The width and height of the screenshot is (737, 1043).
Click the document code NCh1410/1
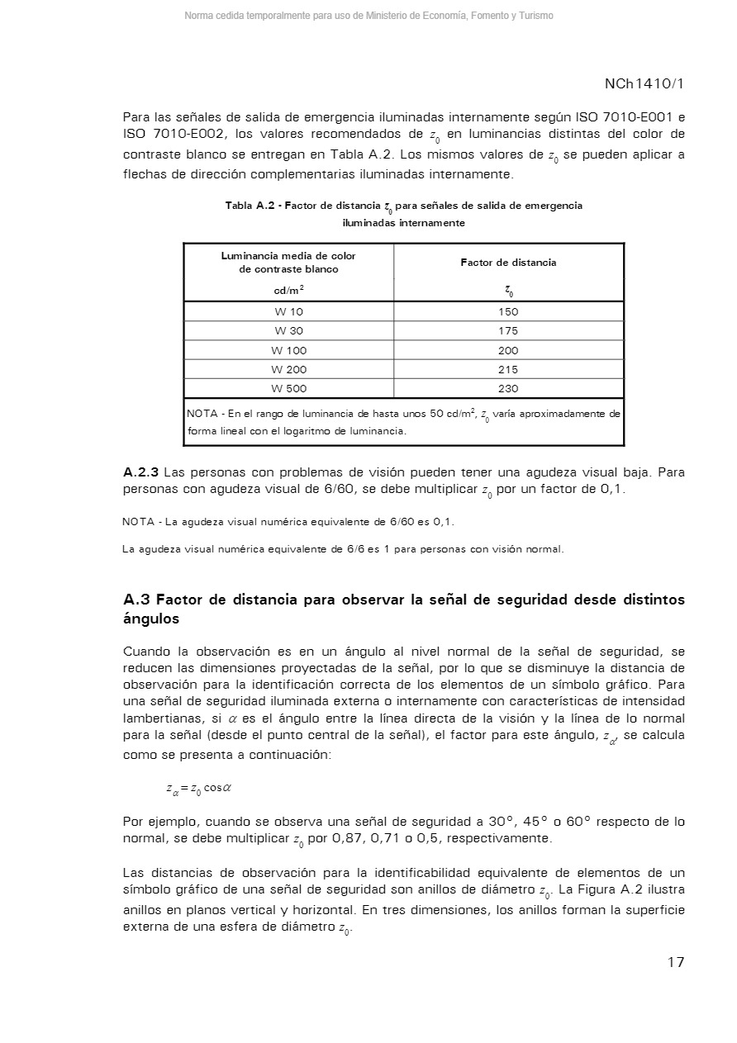644,84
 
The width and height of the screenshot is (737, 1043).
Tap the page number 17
676,962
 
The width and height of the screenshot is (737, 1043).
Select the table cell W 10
288,312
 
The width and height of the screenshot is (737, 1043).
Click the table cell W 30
288,331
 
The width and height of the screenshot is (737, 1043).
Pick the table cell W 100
288,351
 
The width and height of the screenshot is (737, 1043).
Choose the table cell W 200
288,370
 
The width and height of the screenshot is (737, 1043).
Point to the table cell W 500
288,389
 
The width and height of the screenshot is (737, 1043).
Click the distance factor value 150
508,312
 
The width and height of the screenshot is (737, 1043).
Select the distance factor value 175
508,331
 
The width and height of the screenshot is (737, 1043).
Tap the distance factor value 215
508,370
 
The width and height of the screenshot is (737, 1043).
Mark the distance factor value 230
508,389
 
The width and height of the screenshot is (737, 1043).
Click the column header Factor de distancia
508,263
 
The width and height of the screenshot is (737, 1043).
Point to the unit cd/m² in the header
288,290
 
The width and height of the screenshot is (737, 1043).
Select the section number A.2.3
141,472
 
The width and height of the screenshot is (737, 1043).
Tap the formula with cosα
198,788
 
